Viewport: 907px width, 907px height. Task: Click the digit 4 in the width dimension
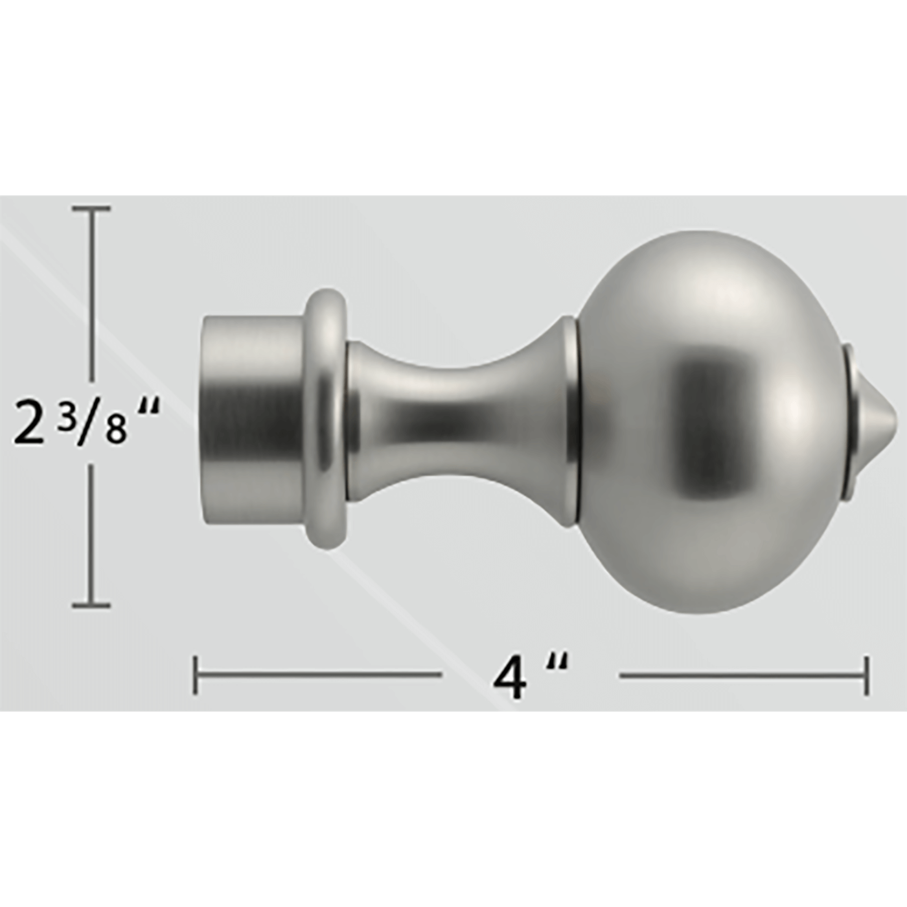pos(509,680)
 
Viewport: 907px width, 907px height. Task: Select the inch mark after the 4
pos(557,664)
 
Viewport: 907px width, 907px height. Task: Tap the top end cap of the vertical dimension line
pos(91,209)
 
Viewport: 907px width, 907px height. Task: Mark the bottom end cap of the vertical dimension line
pos(91,606)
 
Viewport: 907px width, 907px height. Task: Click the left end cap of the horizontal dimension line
pos(196,675)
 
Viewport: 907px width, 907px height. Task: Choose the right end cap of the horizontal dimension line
pos(866,676)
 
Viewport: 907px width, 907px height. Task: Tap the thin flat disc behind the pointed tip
pos(849,421)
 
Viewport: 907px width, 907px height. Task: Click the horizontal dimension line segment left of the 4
pos(317,674)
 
